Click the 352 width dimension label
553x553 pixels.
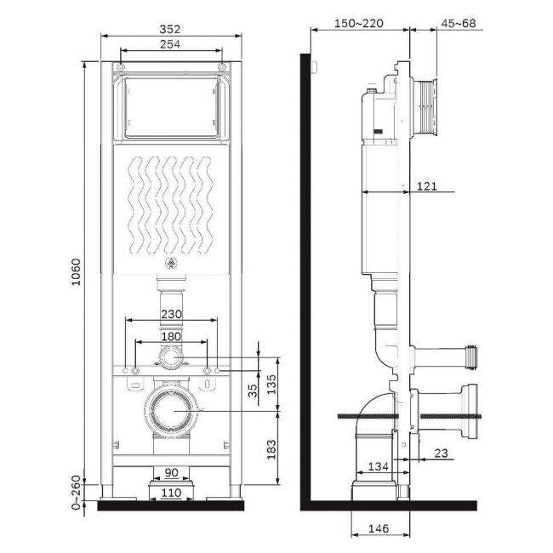point(169,29)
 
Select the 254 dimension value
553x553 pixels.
point(170,44)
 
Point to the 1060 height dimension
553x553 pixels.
point(76,272)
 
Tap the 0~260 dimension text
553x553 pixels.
point(76,492)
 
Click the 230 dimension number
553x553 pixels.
point(171,314)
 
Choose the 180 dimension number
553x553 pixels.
point(171,336)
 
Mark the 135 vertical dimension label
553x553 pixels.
point(271,385)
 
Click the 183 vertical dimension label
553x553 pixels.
point(271,449)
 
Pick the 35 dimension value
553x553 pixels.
point(253,391)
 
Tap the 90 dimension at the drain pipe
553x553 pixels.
point(171,472)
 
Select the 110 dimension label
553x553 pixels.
point(171,493)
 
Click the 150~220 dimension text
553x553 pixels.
point(359,23)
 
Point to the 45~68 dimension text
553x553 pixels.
point(459,23)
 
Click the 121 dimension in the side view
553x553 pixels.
point(427,185)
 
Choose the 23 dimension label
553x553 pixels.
point(441,453)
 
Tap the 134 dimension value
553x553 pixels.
point(378,466)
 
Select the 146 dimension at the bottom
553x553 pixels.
point(379,528)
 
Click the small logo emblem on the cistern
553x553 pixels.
point(171,262)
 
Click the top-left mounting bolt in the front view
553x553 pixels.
point(121,67)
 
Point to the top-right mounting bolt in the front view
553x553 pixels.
point(222,67)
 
